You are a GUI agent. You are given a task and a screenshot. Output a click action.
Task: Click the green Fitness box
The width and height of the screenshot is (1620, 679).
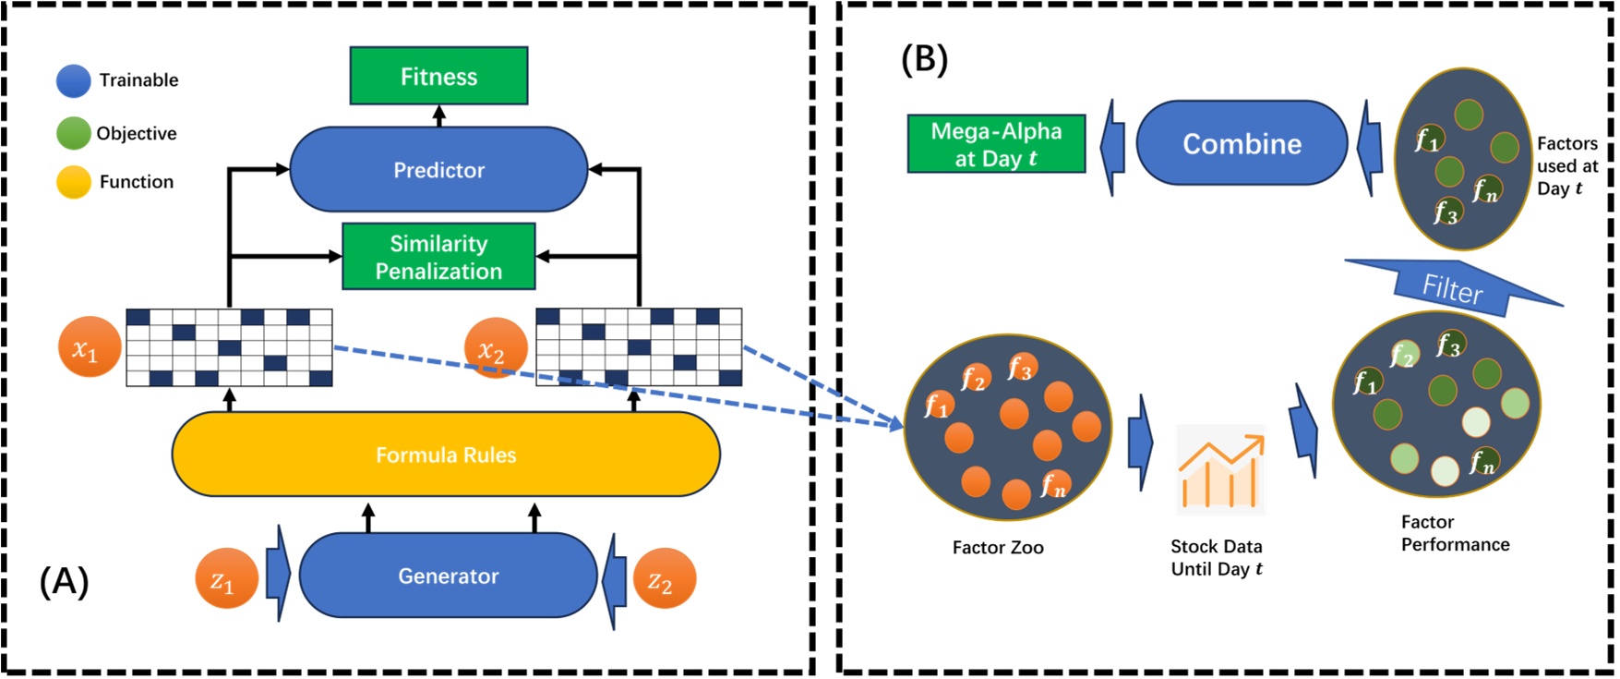pyautogui.click(x=438, y=76)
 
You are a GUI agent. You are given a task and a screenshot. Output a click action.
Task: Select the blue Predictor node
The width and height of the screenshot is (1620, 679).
pyautogui.click(x=438, y=170)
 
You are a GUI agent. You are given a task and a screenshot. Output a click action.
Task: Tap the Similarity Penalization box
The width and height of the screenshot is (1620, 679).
pyautogui.click(x=438, y=257)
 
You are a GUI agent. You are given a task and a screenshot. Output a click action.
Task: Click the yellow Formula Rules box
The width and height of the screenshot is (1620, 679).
pyautogui.click(x=446, y=455)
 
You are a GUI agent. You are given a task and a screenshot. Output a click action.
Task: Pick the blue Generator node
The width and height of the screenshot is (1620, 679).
pyautogui.click(x=448, y=576)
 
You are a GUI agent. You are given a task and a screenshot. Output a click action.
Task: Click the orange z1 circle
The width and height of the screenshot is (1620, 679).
pyautogui.click(x=226, y=579)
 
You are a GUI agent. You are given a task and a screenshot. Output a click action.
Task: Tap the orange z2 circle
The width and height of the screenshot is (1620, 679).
pyautogui.click(x=664, y=578)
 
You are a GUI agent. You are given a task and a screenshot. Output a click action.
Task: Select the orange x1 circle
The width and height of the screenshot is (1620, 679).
pyautogui.click(x=90, y=347)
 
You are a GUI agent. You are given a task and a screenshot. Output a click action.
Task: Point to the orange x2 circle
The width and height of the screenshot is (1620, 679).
pyautogui.click(x=495, y=348)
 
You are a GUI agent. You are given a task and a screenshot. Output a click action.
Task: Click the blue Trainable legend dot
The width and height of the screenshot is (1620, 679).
pyautogui.click(x=73, y=81)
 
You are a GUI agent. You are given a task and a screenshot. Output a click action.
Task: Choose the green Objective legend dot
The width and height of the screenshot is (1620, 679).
pyautogui.click(x=73, y=133)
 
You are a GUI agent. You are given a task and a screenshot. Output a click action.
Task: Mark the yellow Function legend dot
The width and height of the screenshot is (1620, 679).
pyautogui.click(x=73, y=182)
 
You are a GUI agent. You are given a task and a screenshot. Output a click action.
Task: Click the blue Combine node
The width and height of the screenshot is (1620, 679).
pyautogui.click(x=1242, y=143)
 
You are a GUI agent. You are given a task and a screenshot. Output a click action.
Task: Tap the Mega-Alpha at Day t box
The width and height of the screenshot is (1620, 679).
pyautogui.click(x=996, y=144)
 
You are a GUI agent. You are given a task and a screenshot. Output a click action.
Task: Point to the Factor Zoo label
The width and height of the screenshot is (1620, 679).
pyautogui.click(x=998, y=548)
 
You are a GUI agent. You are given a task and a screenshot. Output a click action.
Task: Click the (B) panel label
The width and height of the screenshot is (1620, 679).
pyautogui.click(x=924, y=60)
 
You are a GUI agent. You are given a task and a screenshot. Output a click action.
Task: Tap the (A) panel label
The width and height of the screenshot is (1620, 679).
pyautogui.click(x=64, y=582)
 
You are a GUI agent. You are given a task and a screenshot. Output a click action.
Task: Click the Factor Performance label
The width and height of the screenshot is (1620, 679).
pyautogui.click(x=1455, y=534)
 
